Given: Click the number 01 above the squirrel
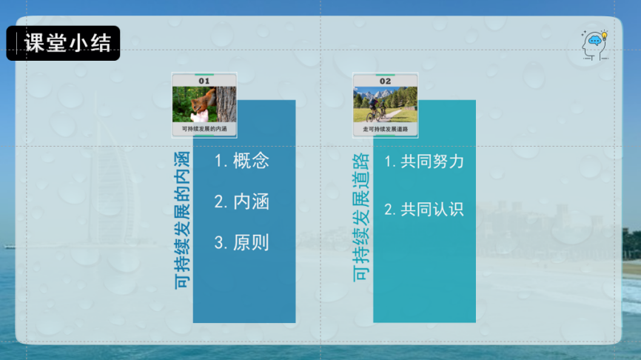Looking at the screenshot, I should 204,81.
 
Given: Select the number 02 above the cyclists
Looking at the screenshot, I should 385,81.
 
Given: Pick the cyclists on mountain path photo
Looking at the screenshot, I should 385,105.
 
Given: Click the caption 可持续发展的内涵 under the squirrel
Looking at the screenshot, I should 204,129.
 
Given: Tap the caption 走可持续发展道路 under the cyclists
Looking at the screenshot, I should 385,129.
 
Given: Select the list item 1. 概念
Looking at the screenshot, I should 241,161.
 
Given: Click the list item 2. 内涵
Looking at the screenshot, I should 241,201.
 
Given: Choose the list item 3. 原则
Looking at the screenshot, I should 241,242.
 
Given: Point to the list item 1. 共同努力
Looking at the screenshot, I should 424,161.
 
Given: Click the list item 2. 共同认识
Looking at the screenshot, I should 424,210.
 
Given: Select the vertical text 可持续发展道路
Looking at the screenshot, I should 361,218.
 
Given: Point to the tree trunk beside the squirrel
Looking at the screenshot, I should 226,104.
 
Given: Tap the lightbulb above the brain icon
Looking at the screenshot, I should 604,35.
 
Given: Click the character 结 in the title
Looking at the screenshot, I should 103,43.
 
